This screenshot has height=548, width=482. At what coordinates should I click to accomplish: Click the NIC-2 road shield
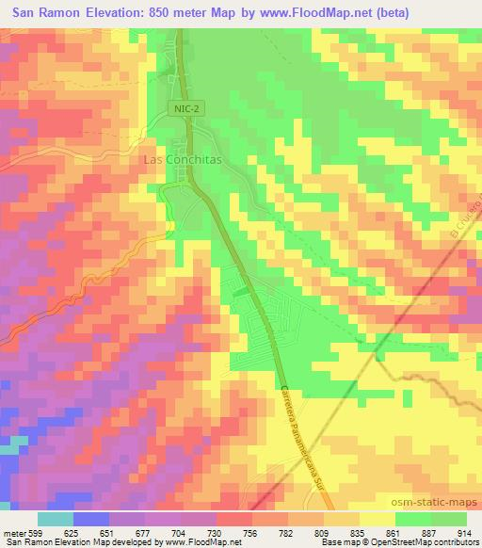pyautogui.click(x=186, y=109)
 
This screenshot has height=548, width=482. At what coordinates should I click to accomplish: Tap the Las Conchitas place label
pyautogui.click(x=182, y=160)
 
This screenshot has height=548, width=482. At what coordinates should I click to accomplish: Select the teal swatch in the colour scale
pyautogui.click(x=56, y=519)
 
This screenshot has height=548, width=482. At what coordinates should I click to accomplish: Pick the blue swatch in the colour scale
pyautogui.click(x=89, y=519)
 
